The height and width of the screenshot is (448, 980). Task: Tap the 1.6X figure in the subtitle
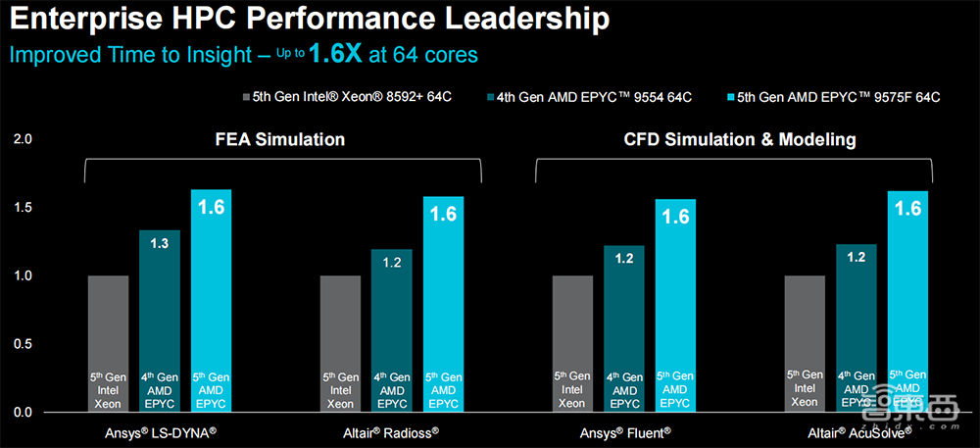coord(335,54)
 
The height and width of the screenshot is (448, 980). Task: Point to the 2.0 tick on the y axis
coord(23,140)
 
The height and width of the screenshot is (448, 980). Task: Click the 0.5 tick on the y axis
coord(23,344)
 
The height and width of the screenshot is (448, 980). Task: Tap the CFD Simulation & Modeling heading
coord(740,140)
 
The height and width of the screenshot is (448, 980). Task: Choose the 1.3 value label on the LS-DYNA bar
coord(159,242)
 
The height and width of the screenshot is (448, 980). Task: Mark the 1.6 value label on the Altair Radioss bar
coord(443,214)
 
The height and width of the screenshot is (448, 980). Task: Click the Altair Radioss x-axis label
coord(392,432)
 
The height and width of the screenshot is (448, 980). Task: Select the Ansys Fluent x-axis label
coord(624,432)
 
